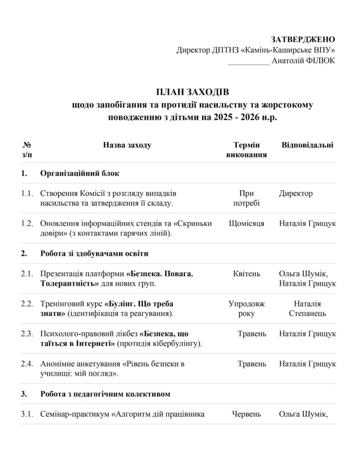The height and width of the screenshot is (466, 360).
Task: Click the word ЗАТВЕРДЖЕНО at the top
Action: point(303,39)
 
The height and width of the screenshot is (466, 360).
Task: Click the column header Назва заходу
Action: point(127,145)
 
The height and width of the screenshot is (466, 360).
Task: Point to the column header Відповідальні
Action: point(307,145)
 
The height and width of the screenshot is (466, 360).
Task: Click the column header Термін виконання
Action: point(246,150)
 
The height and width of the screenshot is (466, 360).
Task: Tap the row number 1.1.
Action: point(27,193)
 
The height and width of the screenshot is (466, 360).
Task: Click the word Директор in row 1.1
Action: point(296,193)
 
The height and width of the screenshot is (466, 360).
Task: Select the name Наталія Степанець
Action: point(308,309)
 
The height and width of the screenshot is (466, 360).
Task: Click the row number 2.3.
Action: point(27,334)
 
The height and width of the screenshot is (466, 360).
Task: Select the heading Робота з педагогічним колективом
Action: point(105,394)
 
